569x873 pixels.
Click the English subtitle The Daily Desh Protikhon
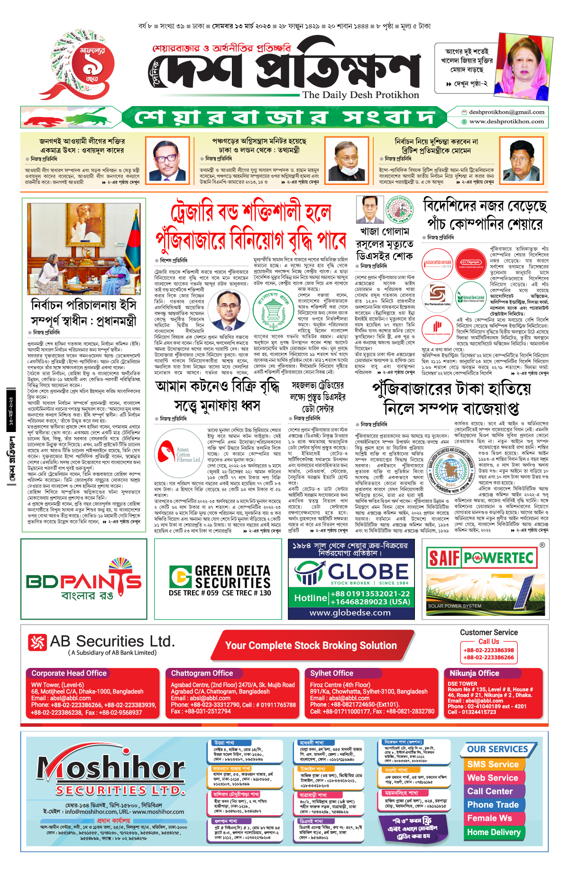361,95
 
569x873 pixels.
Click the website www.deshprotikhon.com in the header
506,122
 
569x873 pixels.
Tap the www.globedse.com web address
350,612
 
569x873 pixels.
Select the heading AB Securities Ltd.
112,641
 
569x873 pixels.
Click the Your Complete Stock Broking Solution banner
311,646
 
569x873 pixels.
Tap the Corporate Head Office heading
69,673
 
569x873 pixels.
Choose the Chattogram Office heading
202,673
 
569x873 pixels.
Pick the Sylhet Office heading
331,673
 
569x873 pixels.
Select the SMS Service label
493,764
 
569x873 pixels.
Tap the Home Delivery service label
494,832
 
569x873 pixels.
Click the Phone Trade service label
493,805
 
